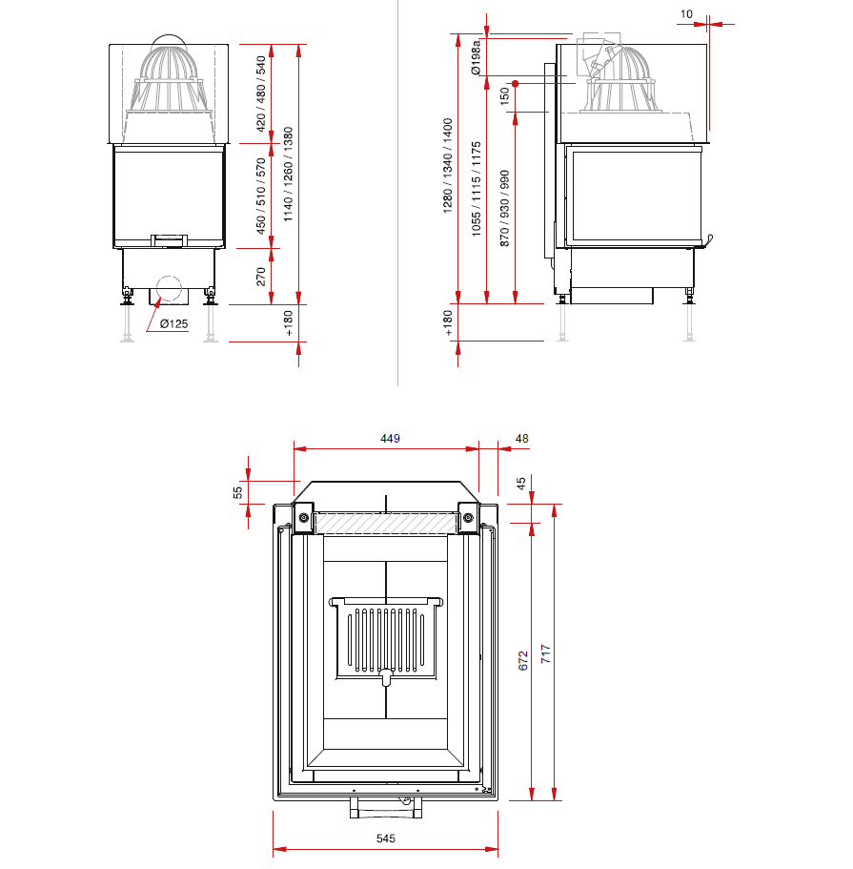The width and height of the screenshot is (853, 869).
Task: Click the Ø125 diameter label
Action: (x=173, y=323)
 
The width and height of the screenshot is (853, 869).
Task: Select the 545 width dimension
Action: (x=385, y=838)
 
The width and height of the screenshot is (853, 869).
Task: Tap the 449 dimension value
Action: (x=390, y=439)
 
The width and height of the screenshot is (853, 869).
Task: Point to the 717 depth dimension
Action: (x=545, y=654)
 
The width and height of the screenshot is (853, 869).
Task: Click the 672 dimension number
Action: (x=523, y=661)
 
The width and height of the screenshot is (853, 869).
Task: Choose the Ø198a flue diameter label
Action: (x=476, y=57)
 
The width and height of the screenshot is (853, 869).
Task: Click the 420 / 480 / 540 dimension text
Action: (x=261, y=94)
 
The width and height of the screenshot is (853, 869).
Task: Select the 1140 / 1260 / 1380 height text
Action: (x=288, y=175)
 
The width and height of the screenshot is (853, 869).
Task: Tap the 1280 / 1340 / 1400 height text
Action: (x=448, y=166)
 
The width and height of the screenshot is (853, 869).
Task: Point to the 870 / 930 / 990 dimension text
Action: (x=504, y=208)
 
